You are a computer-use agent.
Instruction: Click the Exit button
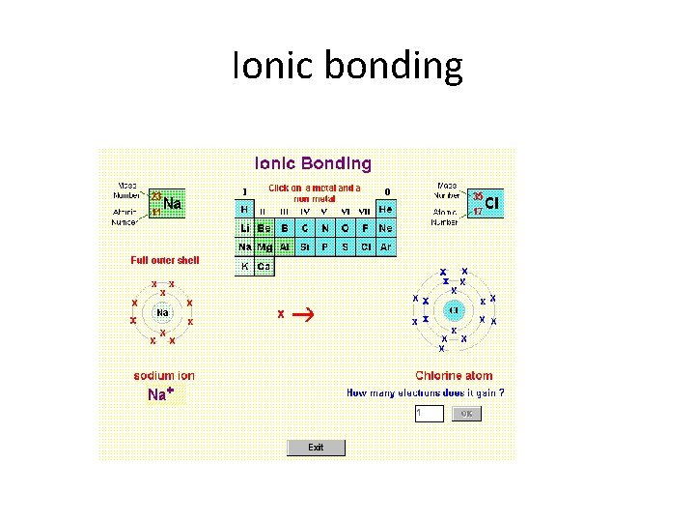(316, 448)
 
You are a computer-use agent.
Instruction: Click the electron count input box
(429, 413)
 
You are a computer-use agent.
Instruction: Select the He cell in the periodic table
(386, 209)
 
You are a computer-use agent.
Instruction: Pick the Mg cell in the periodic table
(264, 247)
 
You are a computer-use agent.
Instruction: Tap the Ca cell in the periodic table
(264, 267)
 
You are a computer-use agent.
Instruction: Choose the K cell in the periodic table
(244, 267)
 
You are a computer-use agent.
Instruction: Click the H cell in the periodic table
(244, 209)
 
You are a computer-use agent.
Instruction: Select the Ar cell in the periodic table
(386, 247)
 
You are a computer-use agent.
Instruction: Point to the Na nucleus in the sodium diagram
(162, 312)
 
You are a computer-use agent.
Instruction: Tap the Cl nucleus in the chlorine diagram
(454, 310)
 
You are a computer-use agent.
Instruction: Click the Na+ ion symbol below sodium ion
(161, 394)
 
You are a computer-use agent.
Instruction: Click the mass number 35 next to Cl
(477, 196)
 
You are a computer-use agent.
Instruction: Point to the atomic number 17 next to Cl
(477, 212)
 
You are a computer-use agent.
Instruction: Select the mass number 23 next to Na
(156, 196)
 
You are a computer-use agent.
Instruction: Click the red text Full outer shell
(165, 260)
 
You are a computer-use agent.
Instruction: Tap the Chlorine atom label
(454, 376)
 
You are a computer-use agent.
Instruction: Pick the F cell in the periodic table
(366, 228)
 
